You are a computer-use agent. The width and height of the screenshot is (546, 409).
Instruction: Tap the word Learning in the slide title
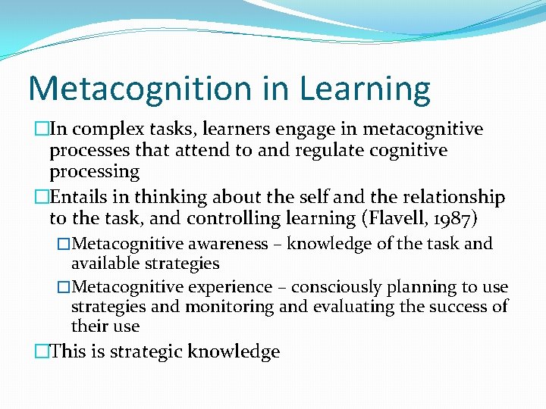[x=366, y=89]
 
